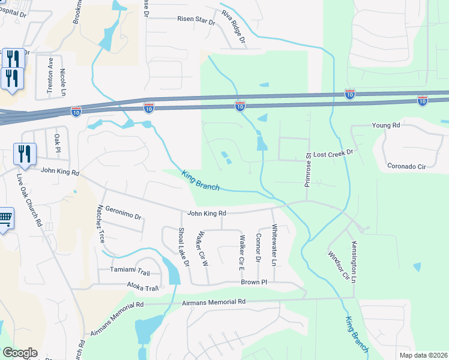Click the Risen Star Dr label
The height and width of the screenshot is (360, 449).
(x=196, y=20)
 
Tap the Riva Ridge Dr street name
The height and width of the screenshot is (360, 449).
(x=234, y=28)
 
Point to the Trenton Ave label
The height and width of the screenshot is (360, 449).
(x=51, y=77)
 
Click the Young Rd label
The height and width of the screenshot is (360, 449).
(x=385, y=125)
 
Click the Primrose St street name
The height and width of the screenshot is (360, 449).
(x=307, y=169)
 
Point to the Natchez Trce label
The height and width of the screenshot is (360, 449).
(x=100, y=223)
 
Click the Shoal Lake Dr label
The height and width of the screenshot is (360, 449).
(x=183, y=247)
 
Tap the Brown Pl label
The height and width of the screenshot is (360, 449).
(x=253, y=281)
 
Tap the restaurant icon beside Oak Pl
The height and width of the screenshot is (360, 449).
(x=25, y=154)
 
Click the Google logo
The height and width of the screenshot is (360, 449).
(x=20, y=353)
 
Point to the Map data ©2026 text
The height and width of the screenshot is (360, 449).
(x=423, y=355)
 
